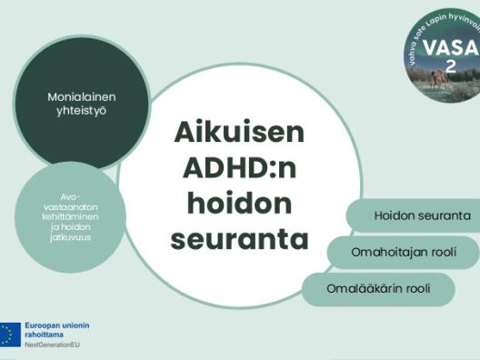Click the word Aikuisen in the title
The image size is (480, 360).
tap(239, 132)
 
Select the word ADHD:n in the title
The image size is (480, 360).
tap(239, 168)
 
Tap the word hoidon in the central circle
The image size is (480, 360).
tap(239, 204)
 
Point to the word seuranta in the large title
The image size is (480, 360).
tap(239, 239)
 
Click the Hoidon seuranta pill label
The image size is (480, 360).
tap(422, 216)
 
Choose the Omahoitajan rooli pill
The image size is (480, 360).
tap(403, 252)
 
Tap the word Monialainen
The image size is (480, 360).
tap(82, 95)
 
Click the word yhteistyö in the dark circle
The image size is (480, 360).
tap(82, 110)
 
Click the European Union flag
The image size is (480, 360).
tap(11, 335)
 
